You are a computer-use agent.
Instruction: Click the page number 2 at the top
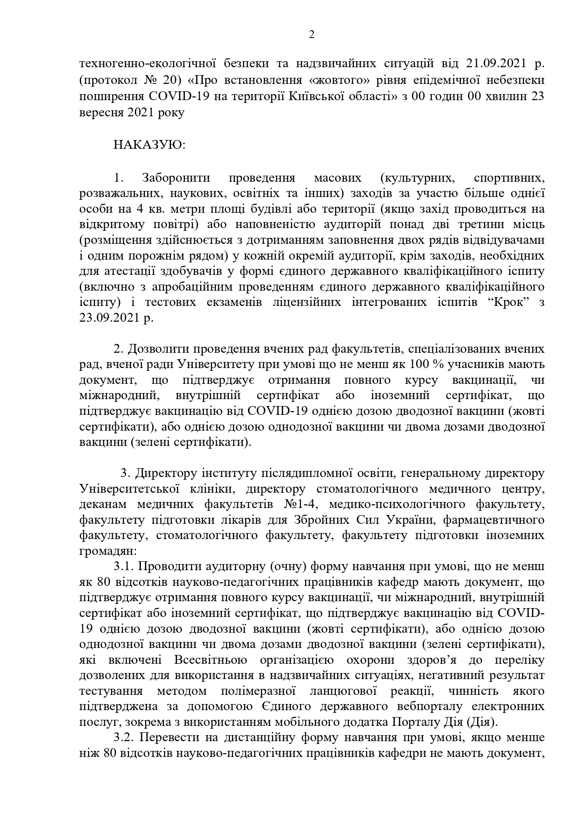(x=311, y=35)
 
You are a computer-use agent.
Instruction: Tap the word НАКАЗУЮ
(x=149, y=145)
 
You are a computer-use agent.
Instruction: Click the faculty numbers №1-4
(x=305, y=504)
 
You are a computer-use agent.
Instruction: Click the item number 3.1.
(x=124, y=566)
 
